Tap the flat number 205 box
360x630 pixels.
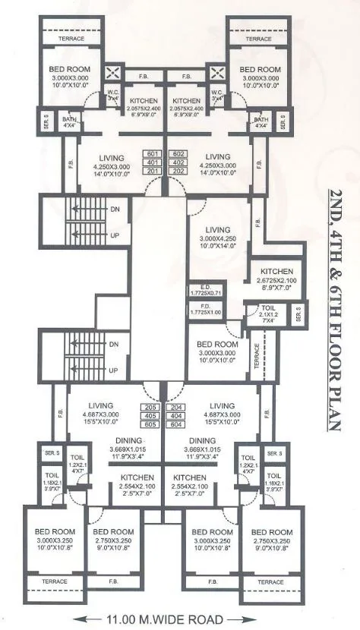150,408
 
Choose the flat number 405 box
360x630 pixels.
150,416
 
